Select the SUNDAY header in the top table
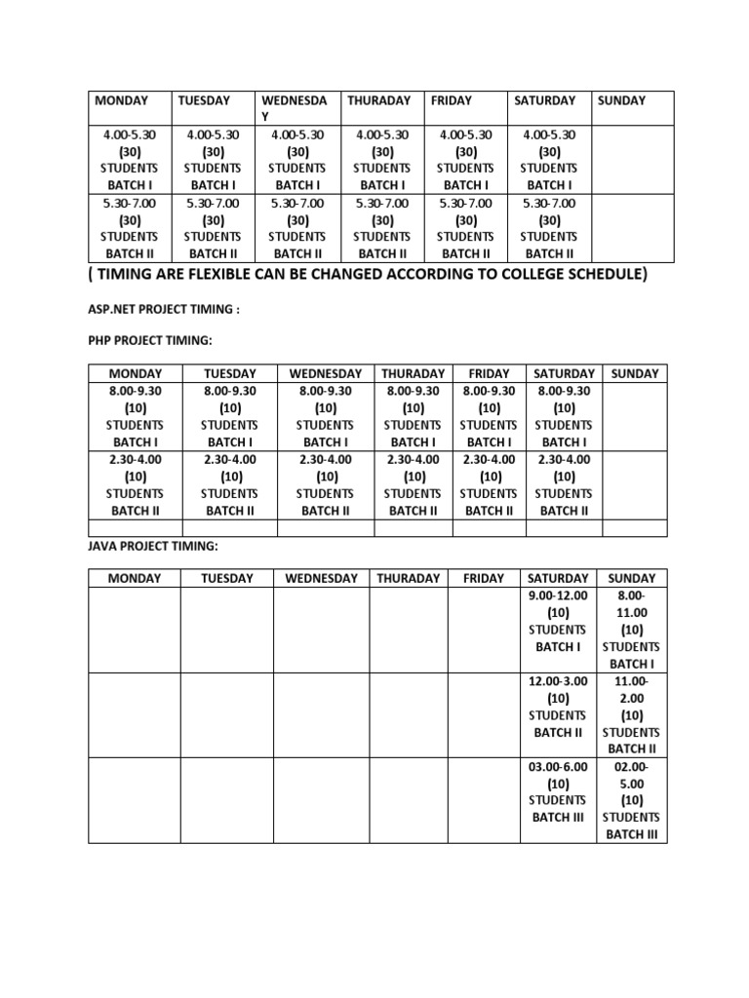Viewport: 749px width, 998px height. coord(621,100)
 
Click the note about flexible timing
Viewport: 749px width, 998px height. coord(367,275)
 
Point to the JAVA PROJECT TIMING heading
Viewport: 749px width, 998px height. coord(153,547)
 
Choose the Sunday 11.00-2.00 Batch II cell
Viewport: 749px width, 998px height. coord(632,714)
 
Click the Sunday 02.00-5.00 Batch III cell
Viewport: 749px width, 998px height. coord(632,799)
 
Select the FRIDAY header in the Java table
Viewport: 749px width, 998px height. coord(484,578)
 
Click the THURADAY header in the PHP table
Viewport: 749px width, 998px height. coord(413,373)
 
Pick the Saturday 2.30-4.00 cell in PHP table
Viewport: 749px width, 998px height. coord(564,484)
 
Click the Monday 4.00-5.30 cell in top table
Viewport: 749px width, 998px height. coord(130,160)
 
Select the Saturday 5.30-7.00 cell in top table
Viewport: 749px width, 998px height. coord(550,228)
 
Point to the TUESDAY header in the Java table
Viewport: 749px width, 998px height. coord(226,578)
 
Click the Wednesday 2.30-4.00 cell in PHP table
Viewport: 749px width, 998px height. coord(326,484)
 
